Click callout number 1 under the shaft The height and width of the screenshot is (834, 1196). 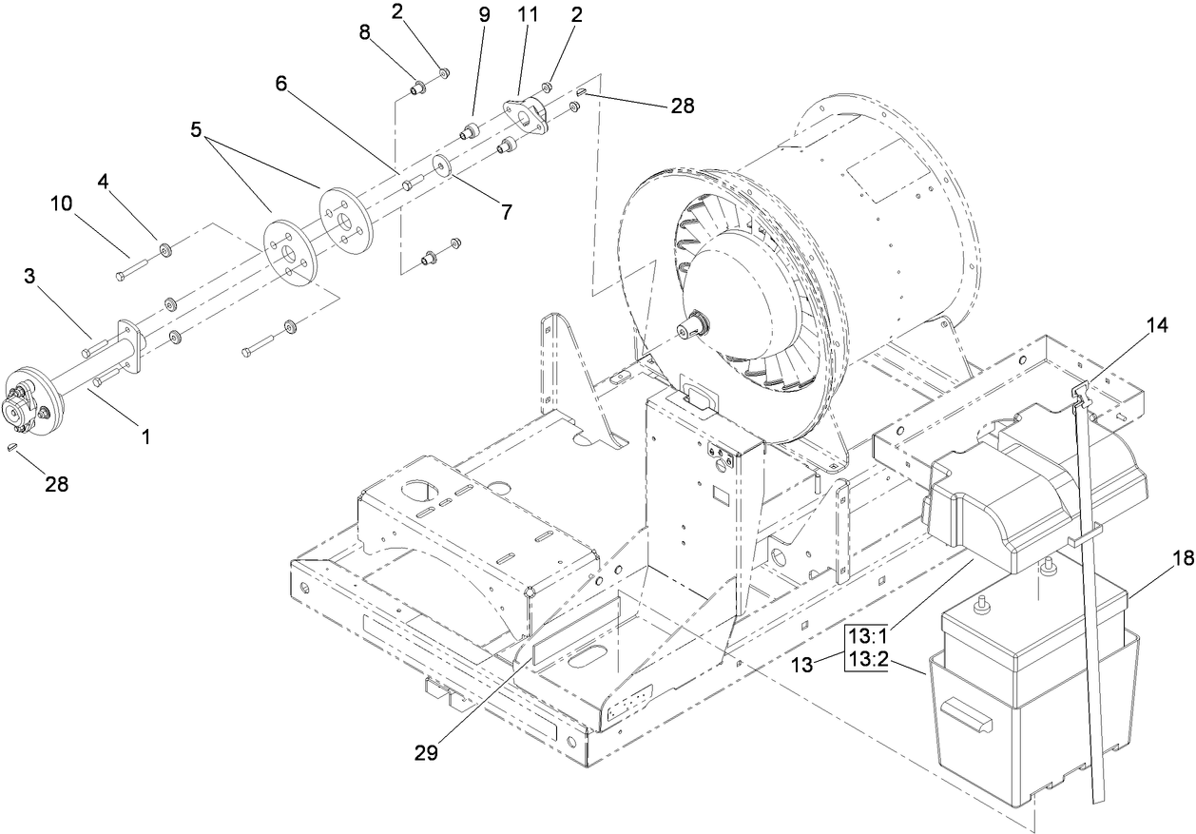[145, 436]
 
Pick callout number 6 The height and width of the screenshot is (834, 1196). [280, 83]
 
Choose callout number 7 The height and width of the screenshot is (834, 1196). [507, 212]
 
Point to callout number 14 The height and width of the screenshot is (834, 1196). [1155, 325]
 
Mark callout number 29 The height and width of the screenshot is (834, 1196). [425, 751]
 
